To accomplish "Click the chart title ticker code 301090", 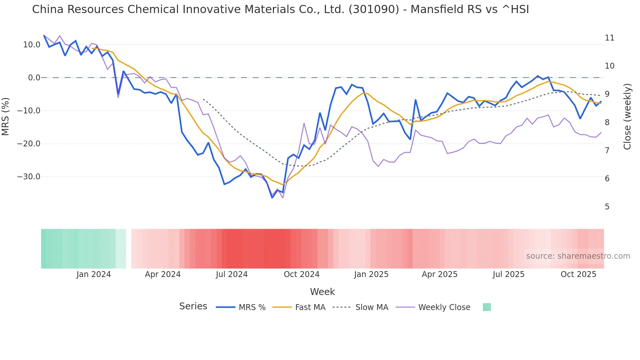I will [374, 9].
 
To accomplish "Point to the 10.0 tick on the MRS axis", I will [32, 45].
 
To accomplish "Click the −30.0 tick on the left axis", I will [29, 177].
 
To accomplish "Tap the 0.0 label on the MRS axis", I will [34, 78].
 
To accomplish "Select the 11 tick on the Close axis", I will [609, 38].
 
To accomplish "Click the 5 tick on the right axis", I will [607, 207].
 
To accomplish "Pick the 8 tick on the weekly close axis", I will [607, 123].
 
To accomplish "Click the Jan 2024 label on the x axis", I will [94, 274].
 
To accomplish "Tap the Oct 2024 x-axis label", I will [301, 274].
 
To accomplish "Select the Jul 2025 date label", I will [508, 274].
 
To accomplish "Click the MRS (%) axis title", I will [6, 116].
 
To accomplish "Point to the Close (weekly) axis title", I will [627, 117].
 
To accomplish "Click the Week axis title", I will [322, 292].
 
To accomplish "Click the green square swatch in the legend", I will [487, 307].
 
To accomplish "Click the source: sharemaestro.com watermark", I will [578, 256].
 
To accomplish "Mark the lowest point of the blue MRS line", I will [272, 198].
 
